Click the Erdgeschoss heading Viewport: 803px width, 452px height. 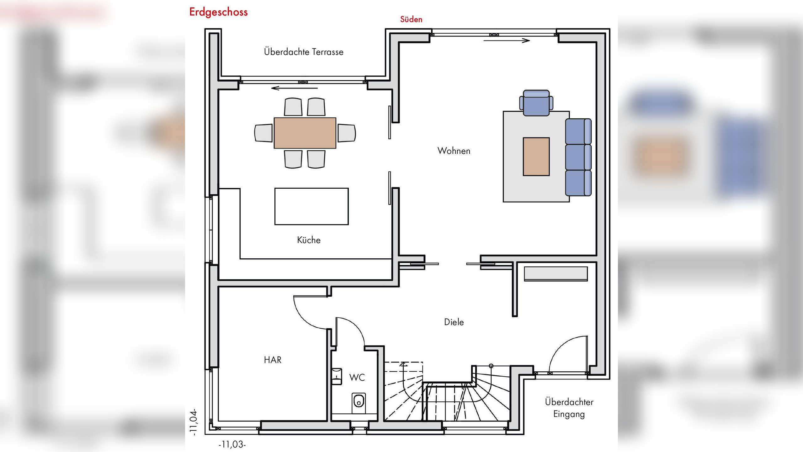pos(218,12)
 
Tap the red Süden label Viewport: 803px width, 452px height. pos(411,19)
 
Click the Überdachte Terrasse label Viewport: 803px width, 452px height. pos(304,52)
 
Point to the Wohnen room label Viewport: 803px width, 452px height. pos(454,151)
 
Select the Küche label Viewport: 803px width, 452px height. pos(309,240)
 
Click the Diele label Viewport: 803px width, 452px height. pos(454,322)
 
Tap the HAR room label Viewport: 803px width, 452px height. pos(273,360)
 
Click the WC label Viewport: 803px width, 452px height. pos(357,377)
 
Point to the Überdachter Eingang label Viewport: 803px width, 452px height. pos(569,408)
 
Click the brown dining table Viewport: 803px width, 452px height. pos(305,133)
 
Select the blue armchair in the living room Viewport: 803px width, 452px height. pos(536,103)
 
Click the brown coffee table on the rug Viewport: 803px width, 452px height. pos(536,156)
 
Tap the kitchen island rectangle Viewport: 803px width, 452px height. pos(311,206)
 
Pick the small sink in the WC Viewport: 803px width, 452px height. pos(337,376)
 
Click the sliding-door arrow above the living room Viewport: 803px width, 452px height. pos(507,40)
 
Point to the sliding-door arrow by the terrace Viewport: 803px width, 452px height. pos(294,88)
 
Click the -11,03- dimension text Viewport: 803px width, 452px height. pos(232,444)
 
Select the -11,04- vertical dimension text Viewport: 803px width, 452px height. pos(194,422)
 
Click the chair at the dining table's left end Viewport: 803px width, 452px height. pos(263,133)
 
